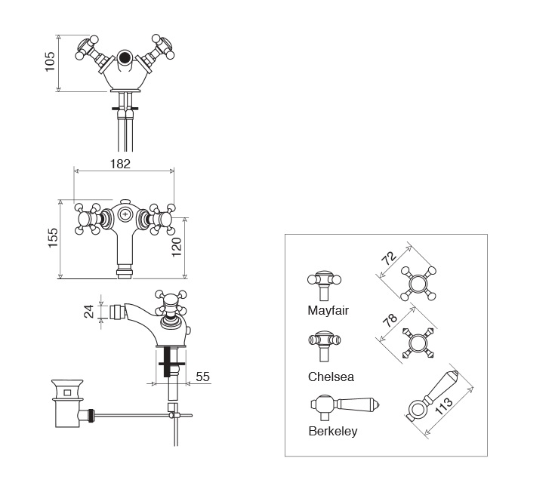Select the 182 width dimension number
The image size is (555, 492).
pos(121,163)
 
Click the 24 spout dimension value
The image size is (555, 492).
pos(89,310)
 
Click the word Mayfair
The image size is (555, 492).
pos(328,310)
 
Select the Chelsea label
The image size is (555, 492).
pos(331,376)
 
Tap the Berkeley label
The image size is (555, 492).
pos(333,432)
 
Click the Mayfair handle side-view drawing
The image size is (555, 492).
pos(325,282)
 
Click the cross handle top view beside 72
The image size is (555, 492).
pos(420,284)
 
